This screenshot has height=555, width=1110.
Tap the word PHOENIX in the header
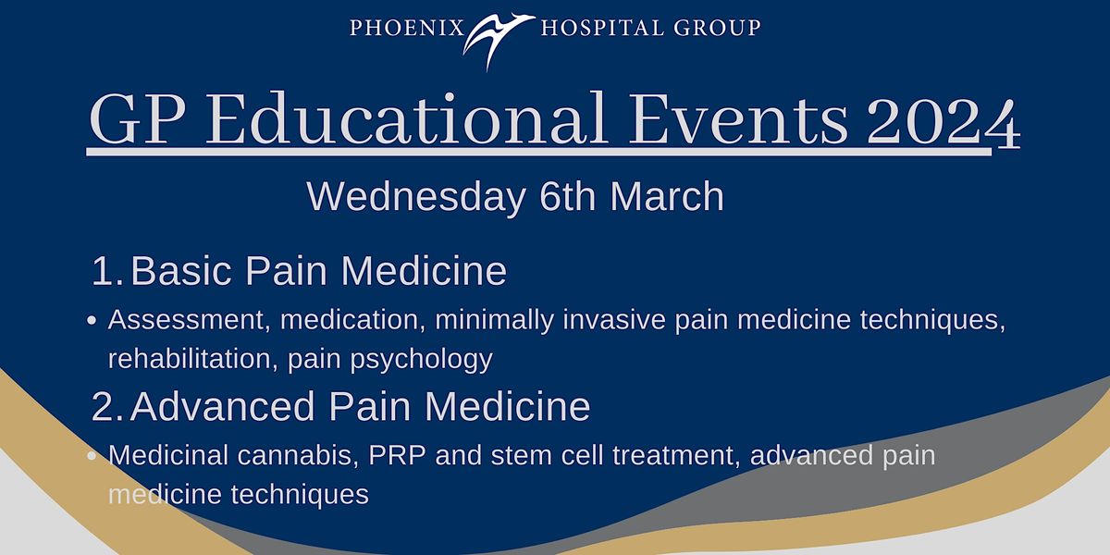point(407,28)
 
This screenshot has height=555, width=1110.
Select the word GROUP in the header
point(717,28)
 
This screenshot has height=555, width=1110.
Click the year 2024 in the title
point(943,121)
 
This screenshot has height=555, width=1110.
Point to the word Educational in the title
point(406,119)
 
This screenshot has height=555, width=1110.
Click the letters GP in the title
point(138,120)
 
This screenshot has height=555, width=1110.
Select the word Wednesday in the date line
point(416,197)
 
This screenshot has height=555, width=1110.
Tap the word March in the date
point(667,196)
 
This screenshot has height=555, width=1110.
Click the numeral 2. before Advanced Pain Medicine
point(107,406)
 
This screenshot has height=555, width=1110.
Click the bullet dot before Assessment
point(92,321)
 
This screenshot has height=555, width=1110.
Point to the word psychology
point(421,360)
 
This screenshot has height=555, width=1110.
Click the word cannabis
point(297,455)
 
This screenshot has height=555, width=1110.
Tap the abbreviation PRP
point(397,455)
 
